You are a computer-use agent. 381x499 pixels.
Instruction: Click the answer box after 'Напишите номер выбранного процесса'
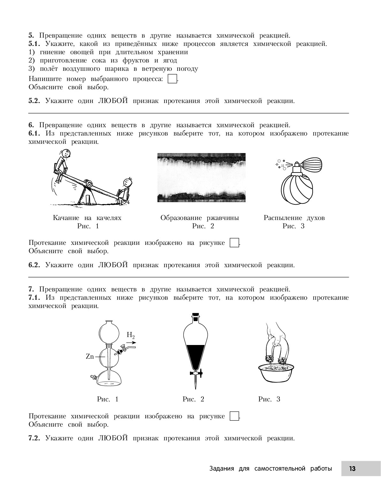pos(172,79)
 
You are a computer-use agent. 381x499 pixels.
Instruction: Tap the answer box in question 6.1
pos(234,243)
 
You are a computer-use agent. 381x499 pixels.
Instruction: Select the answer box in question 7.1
pos(234,416)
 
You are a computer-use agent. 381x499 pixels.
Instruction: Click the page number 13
pos(352,468)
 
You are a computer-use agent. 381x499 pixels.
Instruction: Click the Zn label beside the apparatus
pos(90,356)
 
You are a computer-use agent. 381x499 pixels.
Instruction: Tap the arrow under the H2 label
pos(131,343)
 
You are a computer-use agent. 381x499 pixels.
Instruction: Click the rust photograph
pos(201,177)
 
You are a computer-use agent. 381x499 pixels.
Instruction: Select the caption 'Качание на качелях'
pos(87,218)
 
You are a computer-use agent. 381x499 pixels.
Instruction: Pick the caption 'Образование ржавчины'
pos(200,218)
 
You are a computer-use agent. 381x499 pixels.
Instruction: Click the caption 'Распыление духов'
pos(294,218)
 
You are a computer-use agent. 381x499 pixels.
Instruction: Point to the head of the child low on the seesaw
pos(128,182)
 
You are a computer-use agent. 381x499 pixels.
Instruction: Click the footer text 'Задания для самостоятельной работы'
pos(271,468)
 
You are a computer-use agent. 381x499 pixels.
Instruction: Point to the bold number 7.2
pos(34,438)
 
